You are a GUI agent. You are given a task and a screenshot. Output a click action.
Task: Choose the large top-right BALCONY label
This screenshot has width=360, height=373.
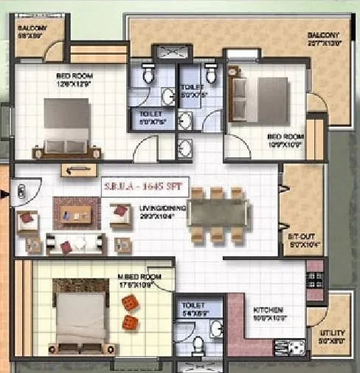322,39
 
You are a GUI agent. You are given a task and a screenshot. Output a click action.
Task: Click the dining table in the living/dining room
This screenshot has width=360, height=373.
217,214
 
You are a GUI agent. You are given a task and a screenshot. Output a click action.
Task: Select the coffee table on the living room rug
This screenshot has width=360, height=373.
76,215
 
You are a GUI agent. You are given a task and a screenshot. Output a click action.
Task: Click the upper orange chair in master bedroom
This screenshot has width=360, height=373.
130,303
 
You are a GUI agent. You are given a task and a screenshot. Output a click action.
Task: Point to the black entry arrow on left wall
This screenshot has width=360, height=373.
6,194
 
